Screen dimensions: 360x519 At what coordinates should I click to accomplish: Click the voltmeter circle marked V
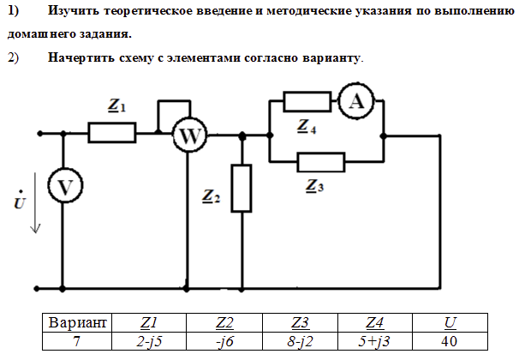pos(63,186)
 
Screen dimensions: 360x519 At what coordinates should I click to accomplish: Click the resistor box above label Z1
pos(112,133)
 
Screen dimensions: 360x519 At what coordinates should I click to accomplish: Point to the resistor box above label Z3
pos(320,161)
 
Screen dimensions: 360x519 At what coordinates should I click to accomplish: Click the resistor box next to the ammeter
pos(307,102)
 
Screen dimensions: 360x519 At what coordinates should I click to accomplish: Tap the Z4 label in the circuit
pos(307,128)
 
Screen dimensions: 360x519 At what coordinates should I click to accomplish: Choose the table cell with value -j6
pos(225,341)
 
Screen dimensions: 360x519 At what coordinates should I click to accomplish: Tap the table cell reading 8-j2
pos(301,341)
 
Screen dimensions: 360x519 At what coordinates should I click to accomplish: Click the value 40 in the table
pos(450,341)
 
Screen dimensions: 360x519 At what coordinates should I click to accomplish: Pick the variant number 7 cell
pos(78,341)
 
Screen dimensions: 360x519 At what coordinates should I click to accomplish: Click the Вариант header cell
pos(78,323)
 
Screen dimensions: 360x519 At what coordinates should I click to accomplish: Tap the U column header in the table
pos(450,323)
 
